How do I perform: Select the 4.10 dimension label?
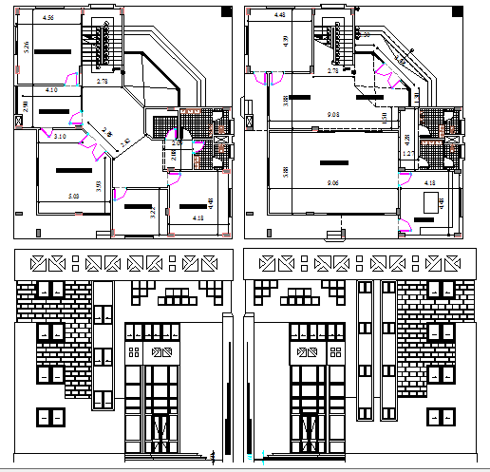pyautogui.click(x=51, y=89)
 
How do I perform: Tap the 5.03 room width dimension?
pyautogui.click(x=73, y=197)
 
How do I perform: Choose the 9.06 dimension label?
pyautogui.click(x=332, y=181)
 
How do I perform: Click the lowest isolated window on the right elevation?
pyautogui.click(x=440, y=415)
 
